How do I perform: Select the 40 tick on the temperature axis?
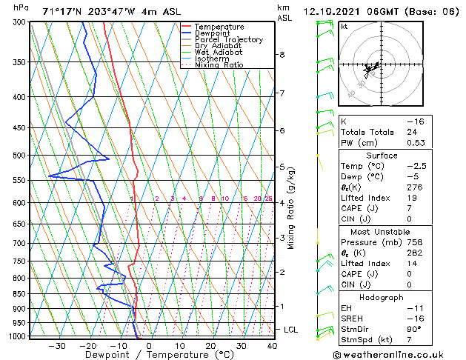272,346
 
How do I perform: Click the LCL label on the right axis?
292,330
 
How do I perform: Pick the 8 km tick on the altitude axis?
282,55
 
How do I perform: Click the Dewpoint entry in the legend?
213,33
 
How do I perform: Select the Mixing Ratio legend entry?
219,65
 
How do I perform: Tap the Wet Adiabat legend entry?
218,53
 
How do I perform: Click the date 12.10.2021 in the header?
332,11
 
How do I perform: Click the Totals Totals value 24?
412,132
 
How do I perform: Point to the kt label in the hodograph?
344,27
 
